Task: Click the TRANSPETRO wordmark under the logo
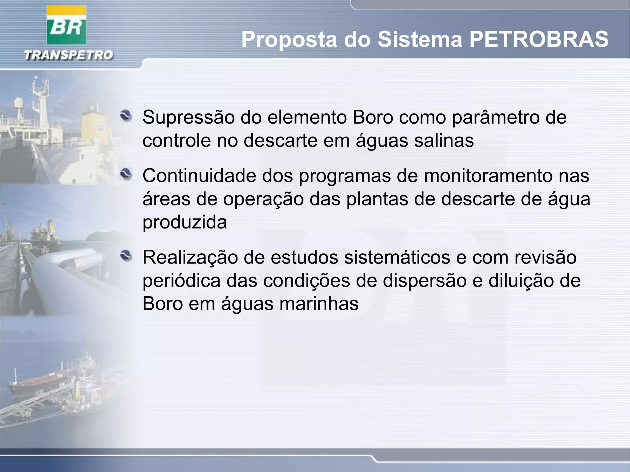(69, 56)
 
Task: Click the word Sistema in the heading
(420, 39)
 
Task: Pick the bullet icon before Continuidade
(126, 175)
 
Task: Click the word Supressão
(188, 118)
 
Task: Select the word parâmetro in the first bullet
(495, 118)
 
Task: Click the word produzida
(185, 223)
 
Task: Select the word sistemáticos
(397, 258)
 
